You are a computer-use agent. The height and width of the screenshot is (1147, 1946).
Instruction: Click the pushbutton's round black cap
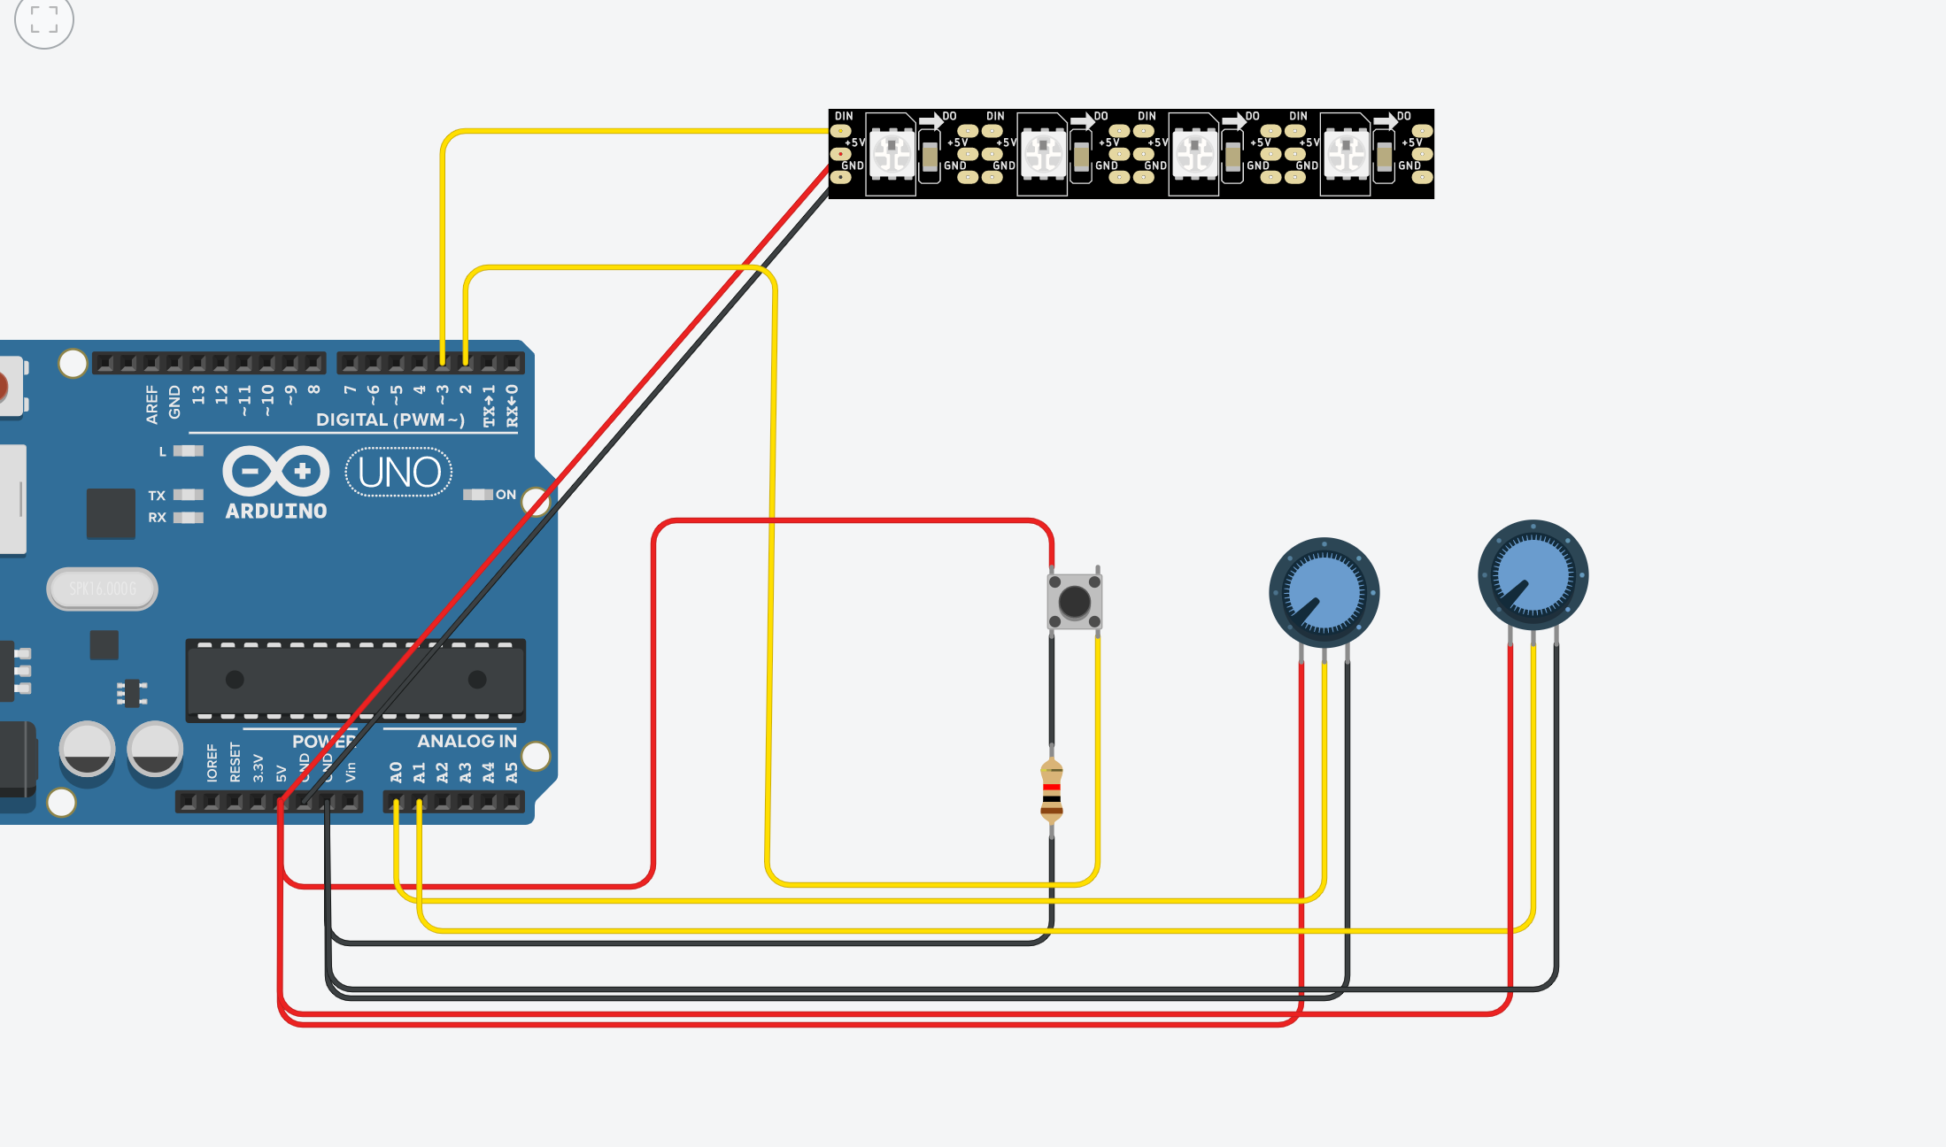[x=1074, y=603]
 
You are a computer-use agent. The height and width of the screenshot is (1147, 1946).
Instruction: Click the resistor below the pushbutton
[x=1051, y=791]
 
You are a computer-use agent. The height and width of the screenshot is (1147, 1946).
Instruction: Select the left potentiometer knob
[x=1324, y=591]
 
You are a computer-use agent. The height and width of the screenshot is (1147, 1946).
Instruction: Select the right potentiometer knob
[x=1533, y=574]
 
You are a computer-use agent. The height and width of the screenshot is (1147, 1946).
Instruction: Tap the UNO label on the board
[x=398, y=473]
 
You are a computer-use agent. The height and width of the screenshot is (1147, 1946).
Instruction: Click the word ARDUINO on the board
[x=275, y=512]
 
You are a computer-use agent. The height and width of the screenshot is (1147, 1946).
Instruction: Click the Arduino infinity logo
[x=275, y=471]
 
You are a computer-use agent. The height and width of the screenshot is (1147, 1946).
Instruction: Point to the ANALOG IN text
[x=466, y=742]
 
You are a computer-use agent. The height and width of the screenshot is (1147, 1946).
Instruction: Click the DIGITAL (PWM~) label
[x=390, y=420]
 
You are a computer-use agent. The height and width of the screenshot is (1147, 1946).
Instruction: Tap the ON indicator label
[x=505, y=495]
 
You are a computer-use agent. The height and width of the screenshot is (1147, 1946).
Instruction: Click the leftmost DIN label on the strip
[x=844, y=116]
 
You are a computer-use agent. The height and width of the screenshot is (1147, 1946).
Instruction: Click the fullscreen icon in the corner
[x=43, y=19]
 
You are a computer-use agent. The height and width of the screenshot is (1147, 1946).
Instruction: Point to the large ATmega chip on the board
[x=354, y=680]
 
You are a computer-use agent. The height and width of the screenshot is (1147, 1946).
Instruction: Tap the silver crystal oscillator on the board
[x=103, y=589]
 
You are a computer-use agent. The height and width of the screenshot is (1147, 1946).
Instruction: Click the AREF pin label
[x=152, y=404]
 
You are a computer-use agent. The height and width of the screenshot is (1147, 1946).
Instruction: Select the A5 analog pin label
[x=512, y=773]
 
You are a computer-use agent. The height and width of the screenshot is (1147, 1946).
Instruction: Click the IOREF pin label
[x=212, y=763]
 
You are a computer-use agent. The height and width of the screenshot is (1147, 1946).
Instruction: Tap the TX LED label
[x=157, y=496]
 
